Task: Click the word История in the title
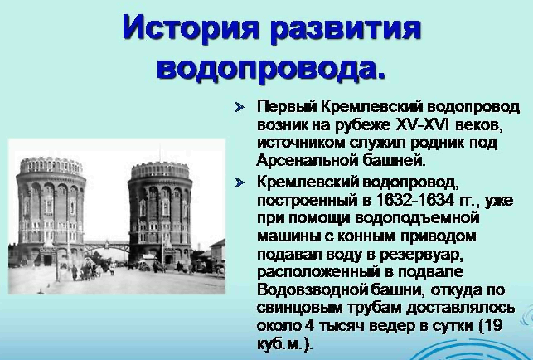click(191, 29)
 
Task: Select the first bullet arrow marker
click(240, 108)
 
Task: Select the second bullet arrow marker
click(240, 183)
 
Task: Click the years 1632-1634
click(414, 200)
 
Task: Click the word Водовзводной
click(311, 290)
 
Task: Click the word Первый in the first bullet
click(286, 107)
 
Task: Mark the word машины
click(288, 237)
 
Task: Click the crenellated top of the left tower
click(51, 165)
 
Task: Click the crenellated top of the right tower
click(160, 171)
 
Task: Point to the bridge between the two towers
click(106, 245)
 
